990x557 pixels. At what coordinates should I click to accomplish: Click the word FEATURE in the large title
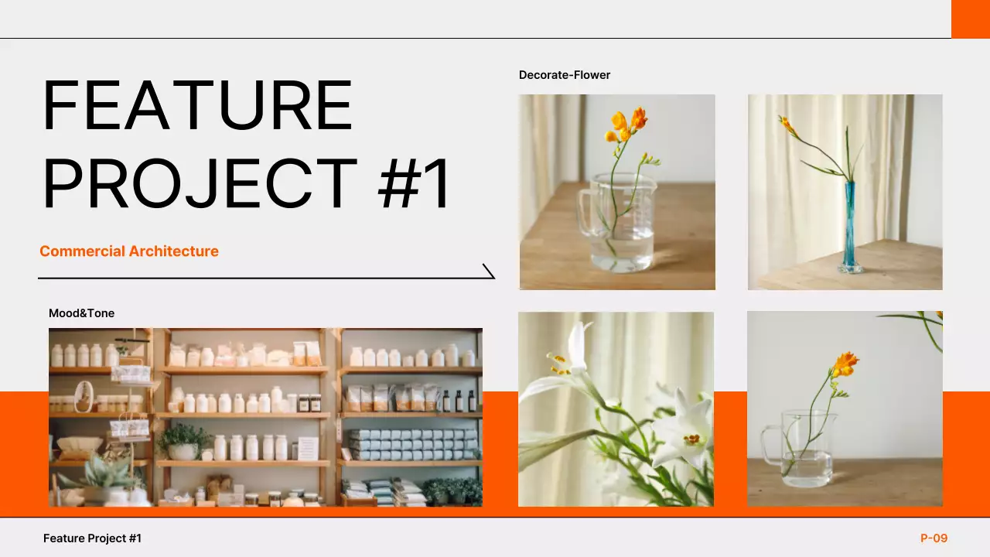point(197,105)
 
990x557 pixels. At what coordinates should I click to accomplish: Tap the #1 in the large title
point(415,184)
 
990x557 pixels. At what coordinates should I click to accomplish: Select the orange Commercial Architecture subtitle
point(129,251)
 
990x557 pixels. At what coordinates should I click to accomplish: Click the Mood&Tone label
point(81,313)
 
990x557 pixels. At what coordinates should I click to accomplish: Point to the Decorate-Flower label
point(565,75)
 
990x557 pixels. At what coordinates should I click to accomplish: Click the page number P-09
point(934,538)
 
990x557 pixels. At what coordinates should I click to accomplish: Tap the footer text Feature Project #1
point(92,538)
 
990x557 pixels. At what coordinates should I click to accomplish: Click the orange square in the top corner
point(970,19)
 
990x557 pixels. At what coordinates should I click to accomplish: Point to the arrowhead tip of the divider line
point(493,277)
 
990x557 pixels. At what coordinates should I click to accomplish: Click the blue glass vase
point(851,228)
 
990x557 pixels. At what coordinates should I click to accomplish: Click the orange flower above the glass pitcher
point(845,364)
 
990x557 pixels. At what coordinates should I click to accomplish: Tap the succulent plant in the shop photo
point(104,473)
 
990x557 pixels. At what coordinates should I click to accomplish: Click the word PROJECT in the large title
point(200,184)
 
